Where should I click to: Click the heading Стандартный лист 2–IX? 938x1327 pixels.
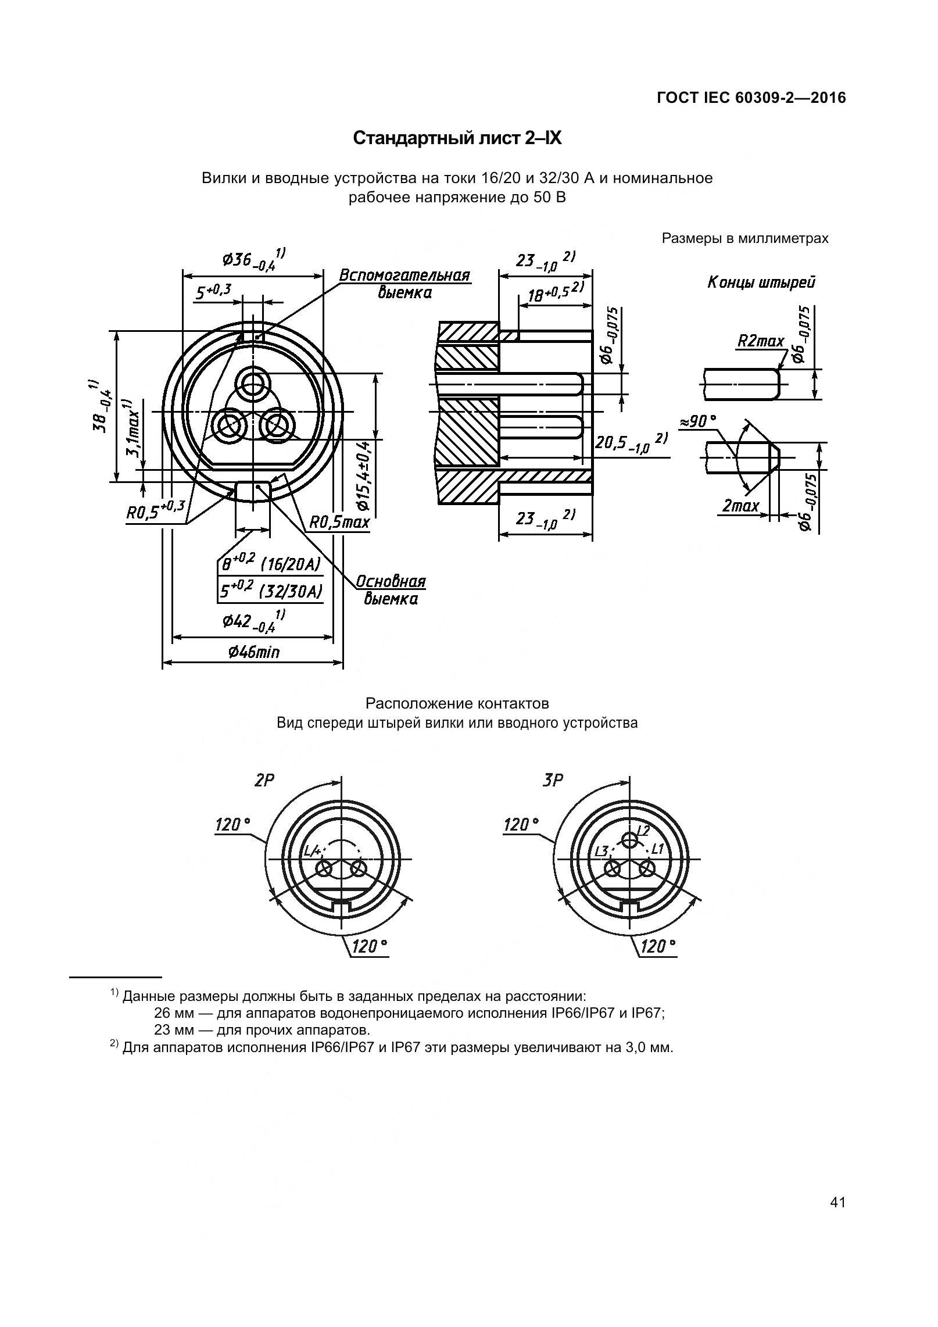[x=457, y=138]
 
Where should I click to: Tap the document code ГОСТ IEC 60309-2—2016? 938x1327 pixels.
[x=751, y=98]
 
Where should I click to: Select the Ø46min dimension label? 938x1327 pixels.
[x=253, y=652]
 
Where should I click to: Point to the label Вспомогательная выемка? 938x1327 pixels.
[x=404, y=283]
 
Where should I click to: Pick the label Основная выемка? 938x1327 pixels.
[x=391, y=590]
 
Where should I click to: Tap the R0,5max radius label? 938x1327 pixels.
[x=339, y=522]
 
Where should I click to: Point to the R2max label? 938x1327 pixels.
[x=760, y=341]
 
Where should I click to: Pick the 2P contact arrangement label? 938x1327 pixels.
[x=264, y=781]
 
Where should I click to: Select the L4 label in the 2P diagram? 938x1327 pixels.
[x=313, y=852]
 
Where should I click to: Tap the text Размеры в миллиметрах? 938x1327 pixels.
[x=745, y=238]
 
